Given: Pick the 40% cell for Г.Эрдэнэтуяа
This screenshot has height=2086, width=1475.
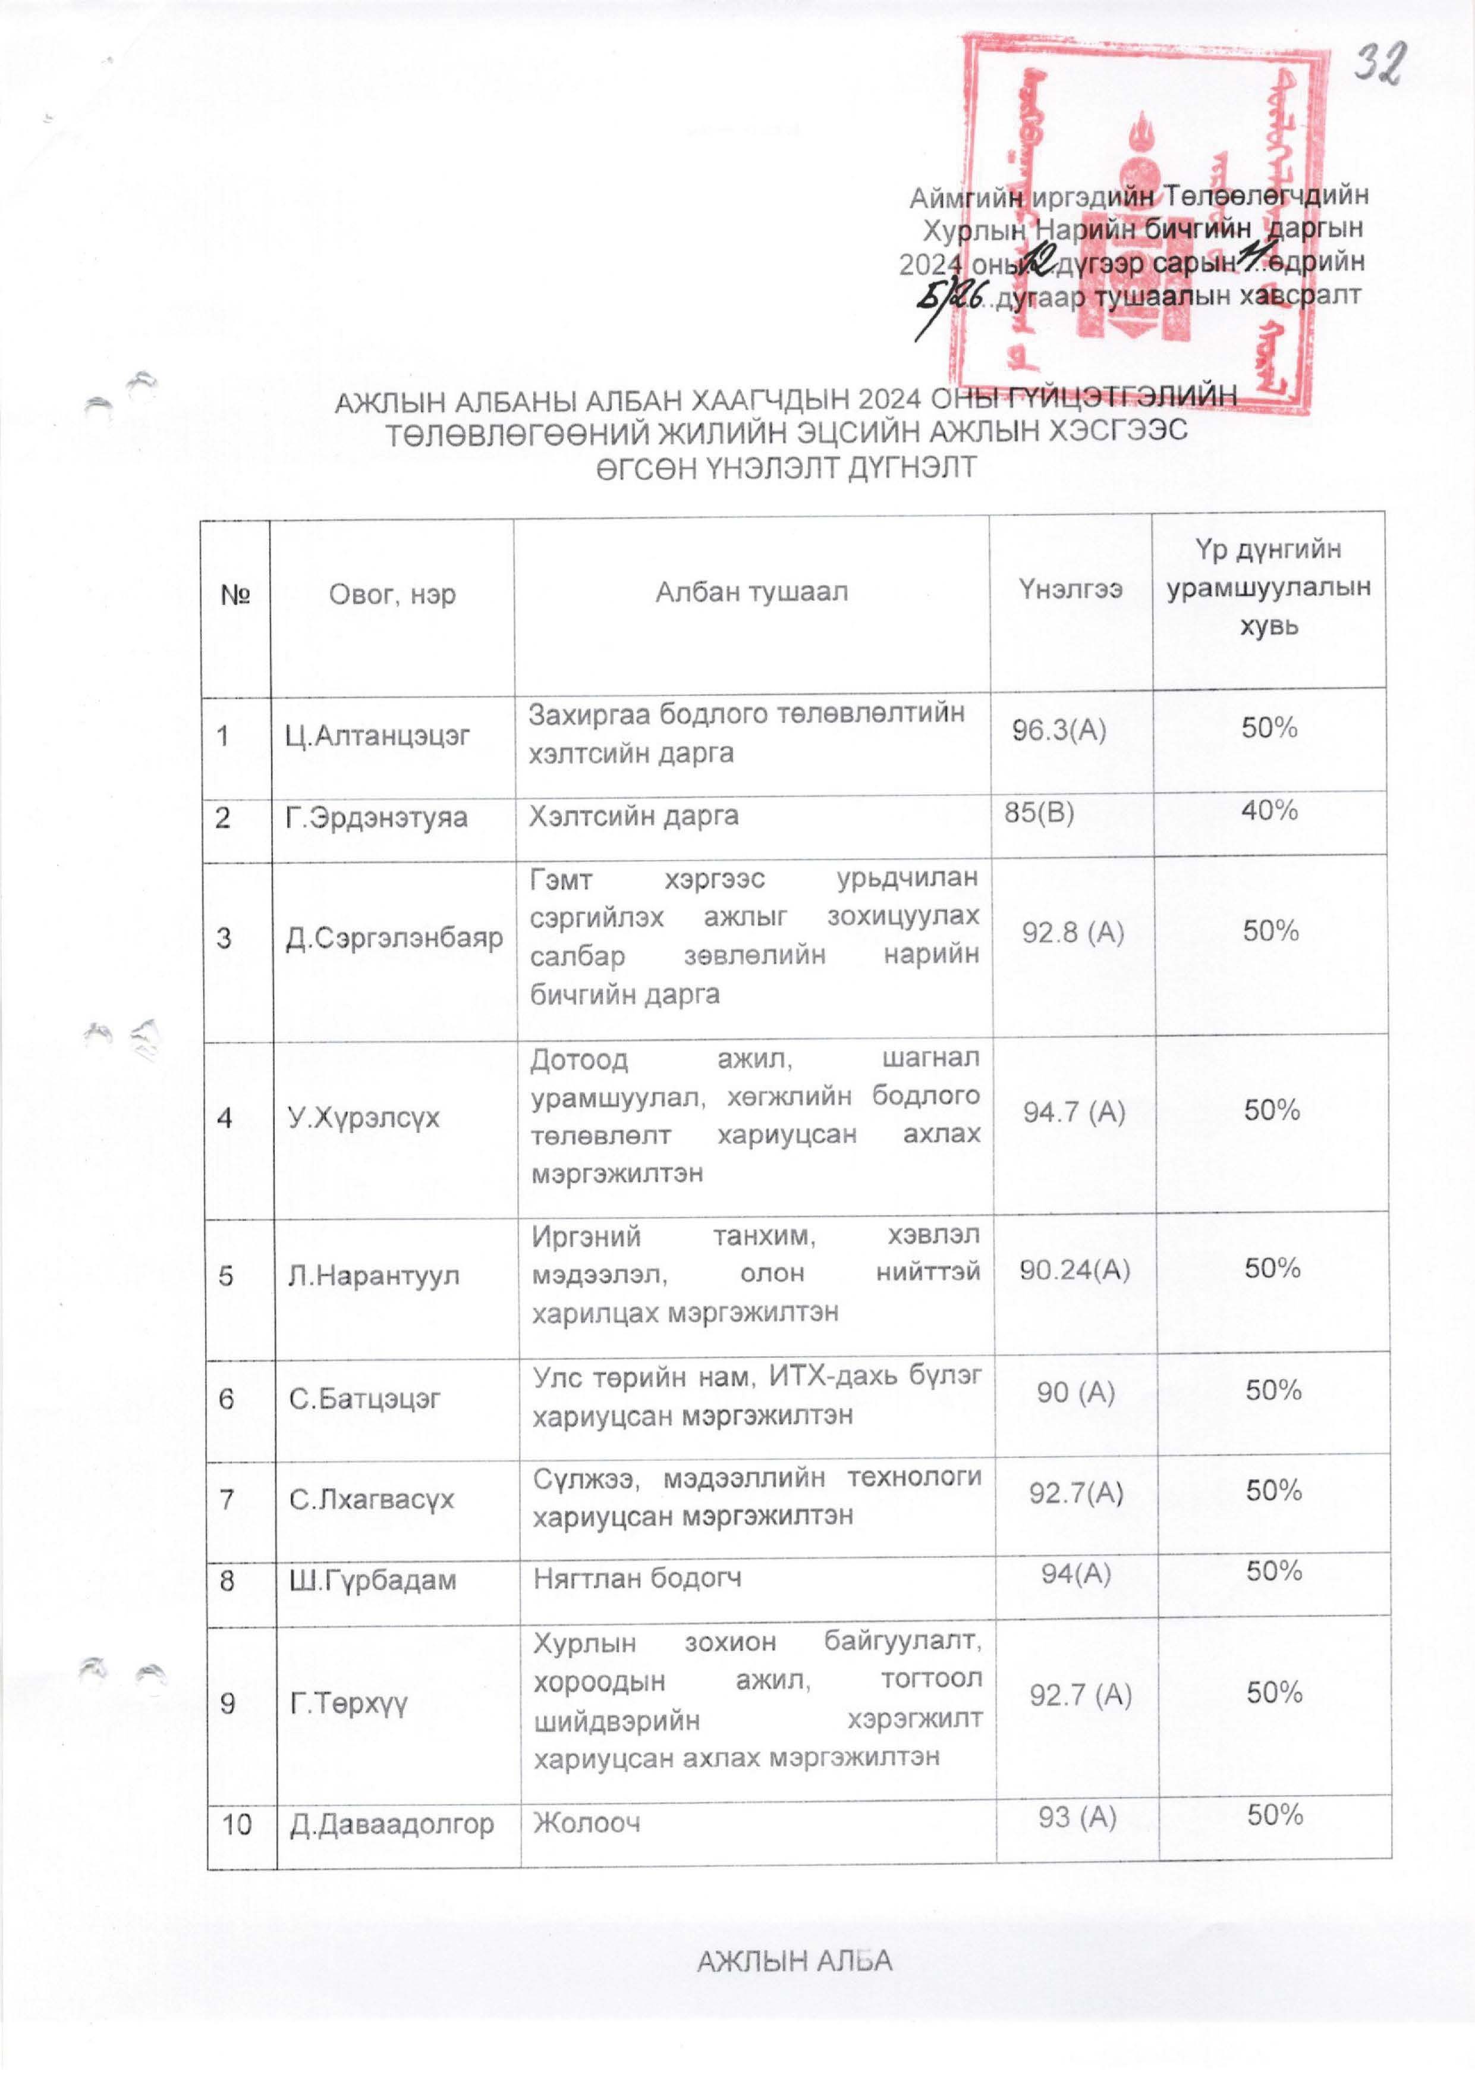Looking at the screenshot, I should [1269, 810].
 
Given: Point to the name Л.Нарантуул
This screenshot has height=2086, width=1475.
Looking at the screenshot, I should [373, 1276].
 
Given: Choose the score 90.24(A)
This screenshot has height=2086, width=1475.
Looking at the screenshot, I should [1074, 1269].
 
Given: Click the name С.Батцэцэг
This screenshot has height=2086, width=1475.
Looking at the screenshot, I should [364, 1398].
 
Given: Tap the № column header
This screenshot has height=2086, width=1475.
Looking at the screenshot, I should [235, 595].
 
